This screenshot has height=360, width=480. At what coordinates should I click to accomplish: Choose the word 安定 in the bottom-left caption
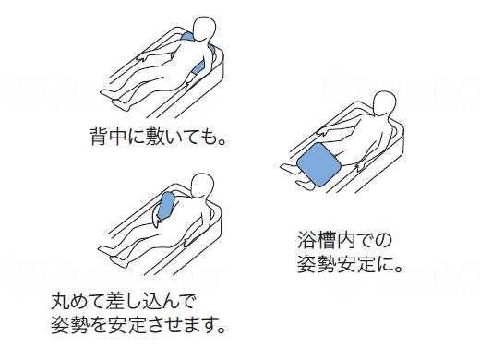point(128,326)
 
